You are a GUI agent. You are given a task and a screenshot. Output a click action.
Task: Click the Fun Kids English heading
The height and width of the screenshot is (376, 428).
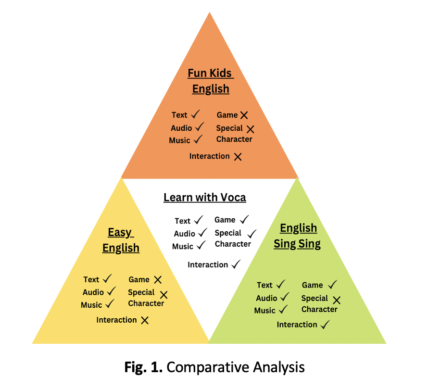click(x=211, y=81)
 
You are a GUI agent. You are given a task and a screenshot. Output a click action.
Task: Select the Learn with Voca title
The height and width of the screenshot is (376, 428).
click(x=205, y=197)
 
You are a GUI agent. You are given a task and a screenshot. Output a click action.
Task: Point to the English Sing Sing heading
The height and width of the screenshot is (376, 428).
click(x=298, y=236)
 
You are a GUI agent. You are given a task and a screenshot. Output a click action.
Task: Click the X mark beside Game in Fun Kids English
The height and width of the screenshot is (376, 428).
click(x=244, y=115)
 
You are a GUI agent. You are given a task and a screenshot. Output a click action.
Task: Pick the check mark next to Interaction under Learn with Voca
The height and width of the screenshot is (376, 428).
click(x=236, y=264)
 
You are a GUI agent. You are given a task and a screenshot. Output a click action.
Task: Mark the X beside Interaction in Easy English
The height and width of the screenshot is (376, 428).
click(x=145, y=320)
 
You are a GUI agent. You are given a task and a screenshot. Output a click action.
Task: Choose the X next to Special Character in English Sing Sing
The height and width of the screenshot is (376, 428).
click(x=337, y=300)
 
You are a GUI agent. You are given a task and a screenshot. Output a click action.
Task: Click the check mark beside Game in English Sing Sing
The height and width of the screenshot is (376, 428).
click(x=332, y=285)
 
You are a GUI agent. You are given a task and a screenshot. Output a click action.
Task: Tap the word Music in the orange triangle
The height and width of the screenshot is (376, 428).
click(x=179, y=140)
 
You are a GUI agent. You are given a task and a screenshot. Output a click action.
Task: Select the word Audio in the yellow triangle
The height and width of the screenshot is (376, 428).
click(x=93, y=292)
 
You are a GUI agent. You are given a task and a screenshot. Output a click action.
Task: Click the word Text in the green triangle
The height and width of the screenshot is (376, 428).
click(x=264, y=285)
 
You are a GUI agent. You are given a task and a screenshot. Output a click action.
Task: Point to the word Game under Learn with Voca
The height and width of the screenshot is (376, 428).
click(x=225, y=220)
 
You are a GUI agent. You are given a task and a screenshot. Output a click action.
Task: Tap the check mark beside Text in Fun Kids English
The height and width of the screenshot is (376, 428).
click(x=195, y=114)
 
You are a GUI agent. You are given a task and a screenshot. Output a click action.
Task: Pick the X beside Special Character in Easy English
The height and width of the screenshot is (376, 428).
click(x=164, y=295)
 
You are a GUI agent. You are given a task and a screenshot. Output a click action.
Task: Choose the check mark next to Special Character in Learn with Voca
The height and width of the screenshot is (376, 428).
click(x=252, y=234)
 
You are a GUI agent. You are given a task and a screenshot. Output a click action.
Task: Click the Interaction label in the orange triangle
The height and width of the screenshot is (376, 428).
click(x=209, y=156)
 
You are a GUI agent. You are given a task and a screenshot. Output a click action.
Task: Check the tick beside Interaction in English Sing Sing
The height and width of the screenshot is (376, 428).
click(x=325, y=325)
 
